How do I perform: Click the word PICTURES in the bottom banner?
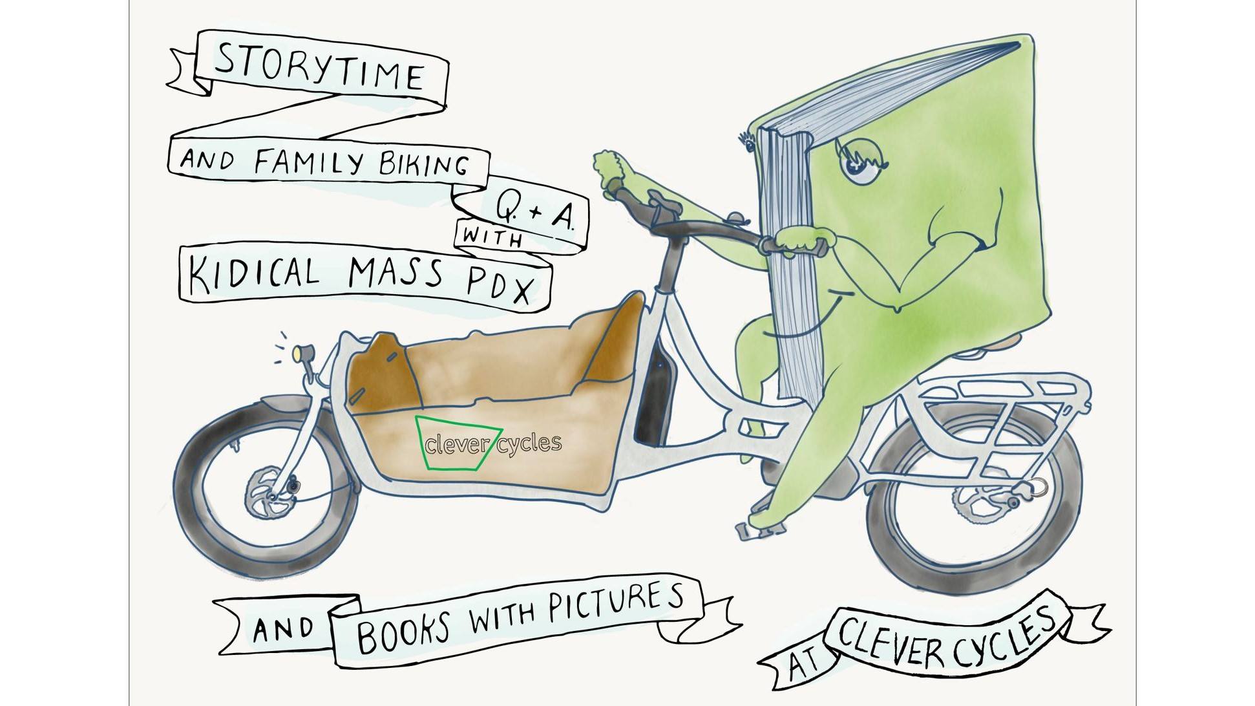pyautogui.click(x=615, y=603)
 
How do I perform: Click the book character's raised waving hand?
pyautogui.click(x=613, y=169)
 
